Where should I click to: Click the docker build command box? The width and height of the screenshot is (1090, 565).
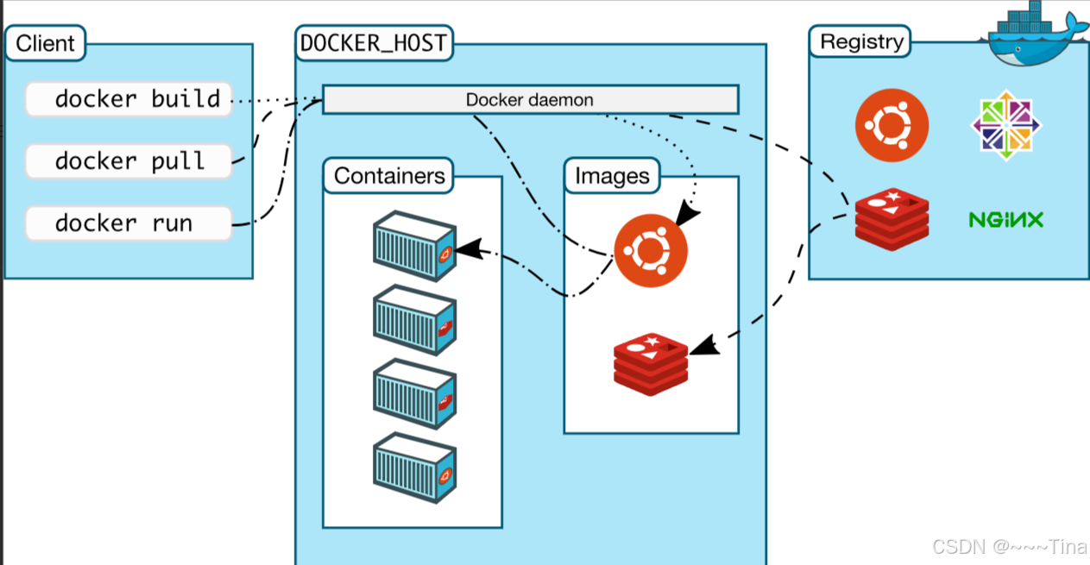click(129, 99)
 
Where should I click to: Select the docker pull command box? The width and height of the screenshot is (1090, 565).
click(129, 161)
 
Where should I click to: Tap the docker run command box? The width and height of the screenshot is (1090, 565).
click(129, 223)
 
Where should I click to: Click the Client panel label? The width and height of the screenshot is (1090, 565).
click(46, 43)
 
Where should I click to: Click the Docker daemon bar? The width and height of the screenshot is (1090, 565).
click(530, 99)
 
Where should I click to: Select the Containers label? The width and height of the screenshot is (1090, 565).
click(389, 176)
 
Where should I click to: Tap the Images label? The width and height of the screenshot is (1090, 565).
click(612, 176)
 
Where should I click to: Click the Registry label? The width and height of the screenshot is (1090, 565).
click(861, 41)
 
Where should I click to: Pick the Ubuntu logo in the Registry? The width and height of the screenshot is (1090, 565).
click(892, 127)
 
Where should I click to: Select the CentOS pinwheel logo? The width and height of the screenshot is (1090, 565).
click(1006, 126)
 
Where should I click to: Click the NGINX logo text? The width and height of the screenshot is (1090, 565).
click(1005, 220)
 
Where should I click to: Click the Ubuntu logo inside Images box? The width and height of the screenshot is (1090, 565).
click(651, 250)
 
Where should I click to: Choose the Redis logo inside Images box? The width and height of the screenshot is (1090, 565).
click(651, 364)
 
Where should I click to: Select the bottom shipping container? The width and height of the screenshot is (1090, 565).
click(414, 469)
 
